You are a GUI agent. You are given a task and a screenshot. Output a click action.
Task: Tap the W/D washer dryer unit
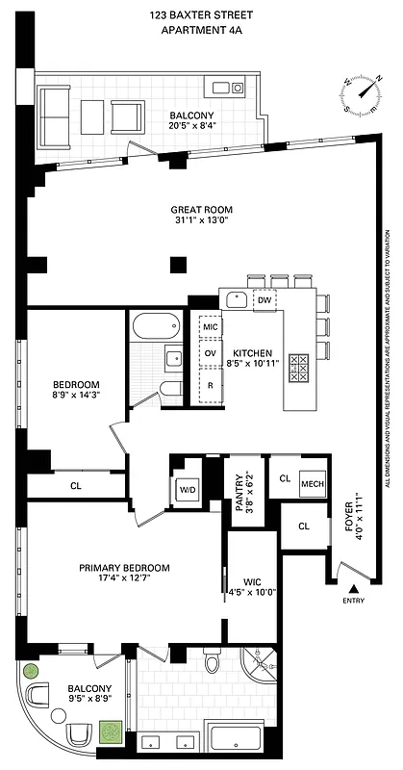coord(186,489)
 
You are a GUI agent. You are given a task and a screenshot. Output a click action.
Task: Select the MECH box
coord(313,484)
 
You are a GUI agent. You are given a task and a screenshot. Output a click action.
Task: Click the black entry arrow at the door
coord(353,587)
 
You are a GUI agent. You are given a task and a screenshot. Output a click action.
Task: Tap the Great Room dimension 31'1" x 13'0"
coord(202,222)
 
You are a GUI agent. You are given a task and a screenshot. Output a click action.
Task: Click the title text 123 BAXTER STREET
coord(201,15)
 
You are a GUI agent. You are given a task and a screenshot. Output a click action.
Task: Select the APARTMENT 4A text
coord(201,32)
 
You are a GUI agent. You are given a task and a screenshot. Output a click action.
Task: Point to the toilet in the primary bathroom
coord(214,664)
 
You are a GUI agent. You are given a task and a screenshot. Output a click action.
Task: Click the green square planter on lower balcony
coord(113,733)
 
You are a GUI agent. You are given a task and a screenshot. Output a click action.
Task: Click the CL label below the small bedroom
coord(76,487)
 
